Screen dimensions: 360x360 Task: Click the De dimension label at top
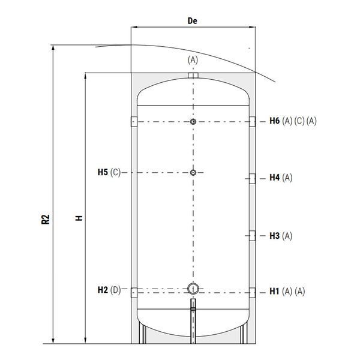coord(193,21)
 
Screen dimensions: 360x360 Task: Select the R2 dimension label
coord(46,219)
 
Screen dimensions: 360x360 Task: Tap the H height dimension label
coord(79,218)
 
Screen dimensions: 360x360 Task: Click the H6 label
coord(275,121)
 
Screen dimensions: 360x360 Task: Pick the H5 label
coord(103,172)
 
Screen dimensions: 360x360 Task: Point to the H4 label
coord(275,178)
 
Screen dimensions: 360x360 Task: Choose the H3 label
coord(275,236)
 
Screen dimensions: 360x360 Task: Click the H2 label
coord(103,290)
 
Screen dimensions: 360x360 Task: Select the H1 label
coord(274,292)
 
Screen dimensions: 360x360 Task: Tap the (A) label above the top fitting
coord(193,60)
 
